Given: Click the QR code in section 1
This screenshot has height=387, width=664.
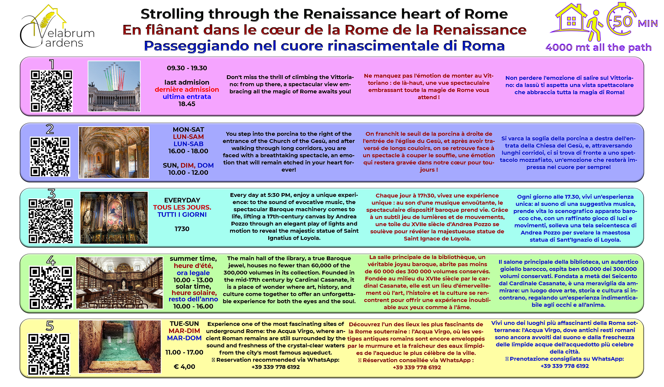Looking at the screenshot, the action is coord(52,91).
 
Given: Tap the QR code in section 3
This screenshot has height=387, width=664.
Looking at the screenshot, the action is coord(51,221).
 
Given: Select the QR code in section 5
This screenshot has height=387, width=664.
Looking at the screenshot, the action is coord(49,354).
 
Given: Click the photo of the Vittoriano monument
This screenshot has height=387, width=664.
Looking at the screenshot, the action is coord(114,86).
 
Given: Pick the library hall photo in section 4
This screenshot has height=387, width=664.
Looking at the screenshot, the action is coord(120,283).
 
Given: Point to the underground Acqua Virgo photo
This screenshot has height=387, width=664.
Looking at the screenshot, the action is coord(120,347).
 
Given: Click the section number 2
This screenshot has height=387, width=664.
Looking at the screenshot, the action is coord(50,129).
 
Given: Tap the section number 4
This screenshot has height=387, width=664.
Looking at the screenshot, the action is coord(51,260).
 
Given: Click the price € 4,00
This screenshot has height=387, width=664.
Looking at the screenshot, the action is coord(184,367).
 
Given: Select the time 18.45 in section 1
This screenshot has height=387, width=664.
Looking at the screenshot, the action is coord(187,104).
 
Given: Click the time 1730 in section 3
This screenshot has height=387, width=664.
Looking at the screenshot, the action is coord(182,229).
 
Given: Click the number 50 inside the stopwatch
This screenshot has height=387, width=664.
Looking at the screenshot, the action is coord(622,21).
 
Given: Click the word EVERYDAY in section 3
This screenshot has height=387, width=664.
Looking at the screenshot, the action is coord(182,200).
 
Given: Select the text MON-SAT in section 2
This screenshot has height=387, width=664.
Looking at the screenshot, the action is coord(188,129).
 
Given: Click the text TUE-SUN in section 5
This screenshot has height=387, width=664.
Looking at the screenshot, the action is coord(184,324).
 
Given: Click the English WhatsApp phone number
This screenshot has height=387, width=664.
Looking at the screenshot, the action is coord(276,367).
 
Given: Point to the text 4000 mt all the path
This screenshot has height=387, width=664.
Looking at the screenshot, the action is coord(599,47).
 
